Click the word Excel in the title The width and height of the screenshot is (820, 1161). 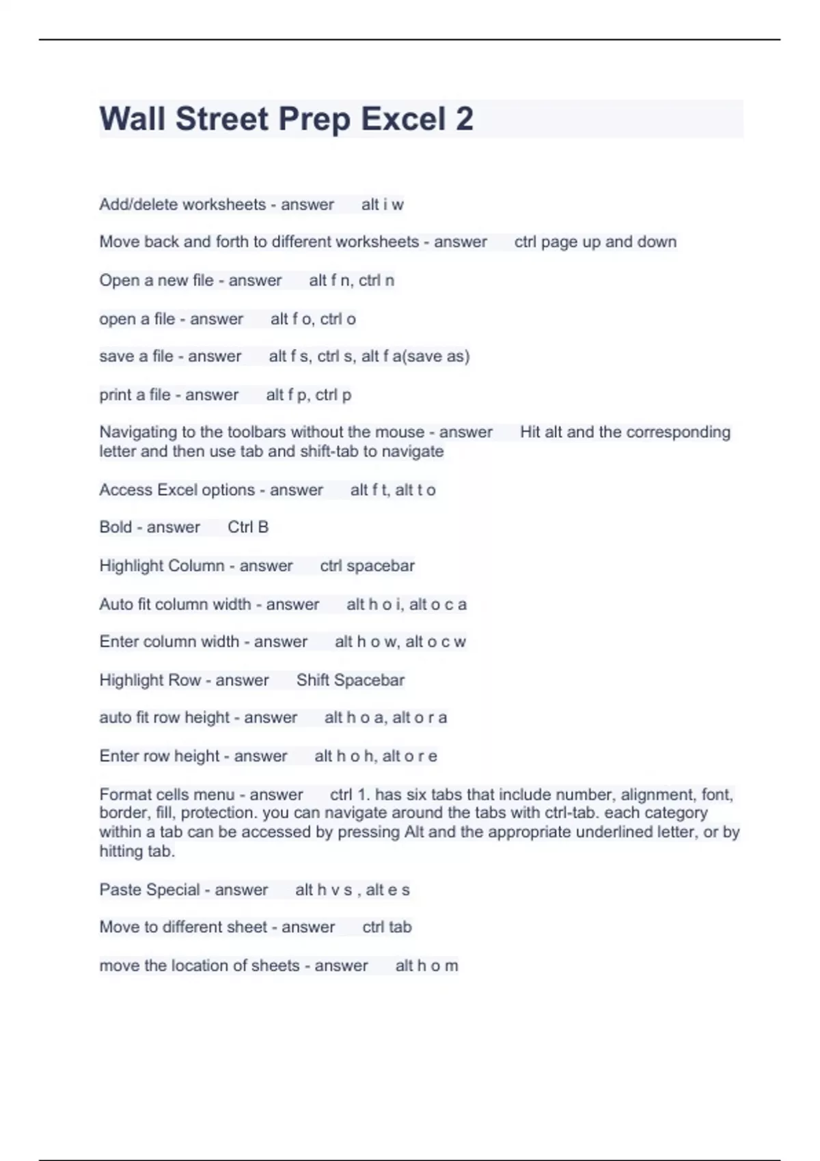(402, 119)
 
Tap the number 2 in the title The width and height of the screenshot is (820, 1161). (464, 119)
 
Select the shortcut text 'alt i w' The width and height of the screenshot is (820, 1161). (382, 204)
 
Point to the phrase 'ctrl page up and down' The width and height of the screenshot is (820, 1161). (595, 242)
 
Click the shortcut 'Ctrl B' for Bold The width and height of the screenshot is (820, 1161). (248, 527)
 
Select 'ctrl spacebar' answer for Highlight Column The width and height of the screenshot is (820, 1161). (367, 566)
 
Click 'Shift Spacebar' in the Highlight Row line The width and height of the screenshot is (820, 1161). (350, 680)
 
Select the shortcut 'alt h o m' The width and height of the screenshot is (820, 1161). (426, 966)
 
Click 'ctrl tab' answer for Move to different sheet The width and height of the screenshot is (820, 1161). (387, 927)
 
